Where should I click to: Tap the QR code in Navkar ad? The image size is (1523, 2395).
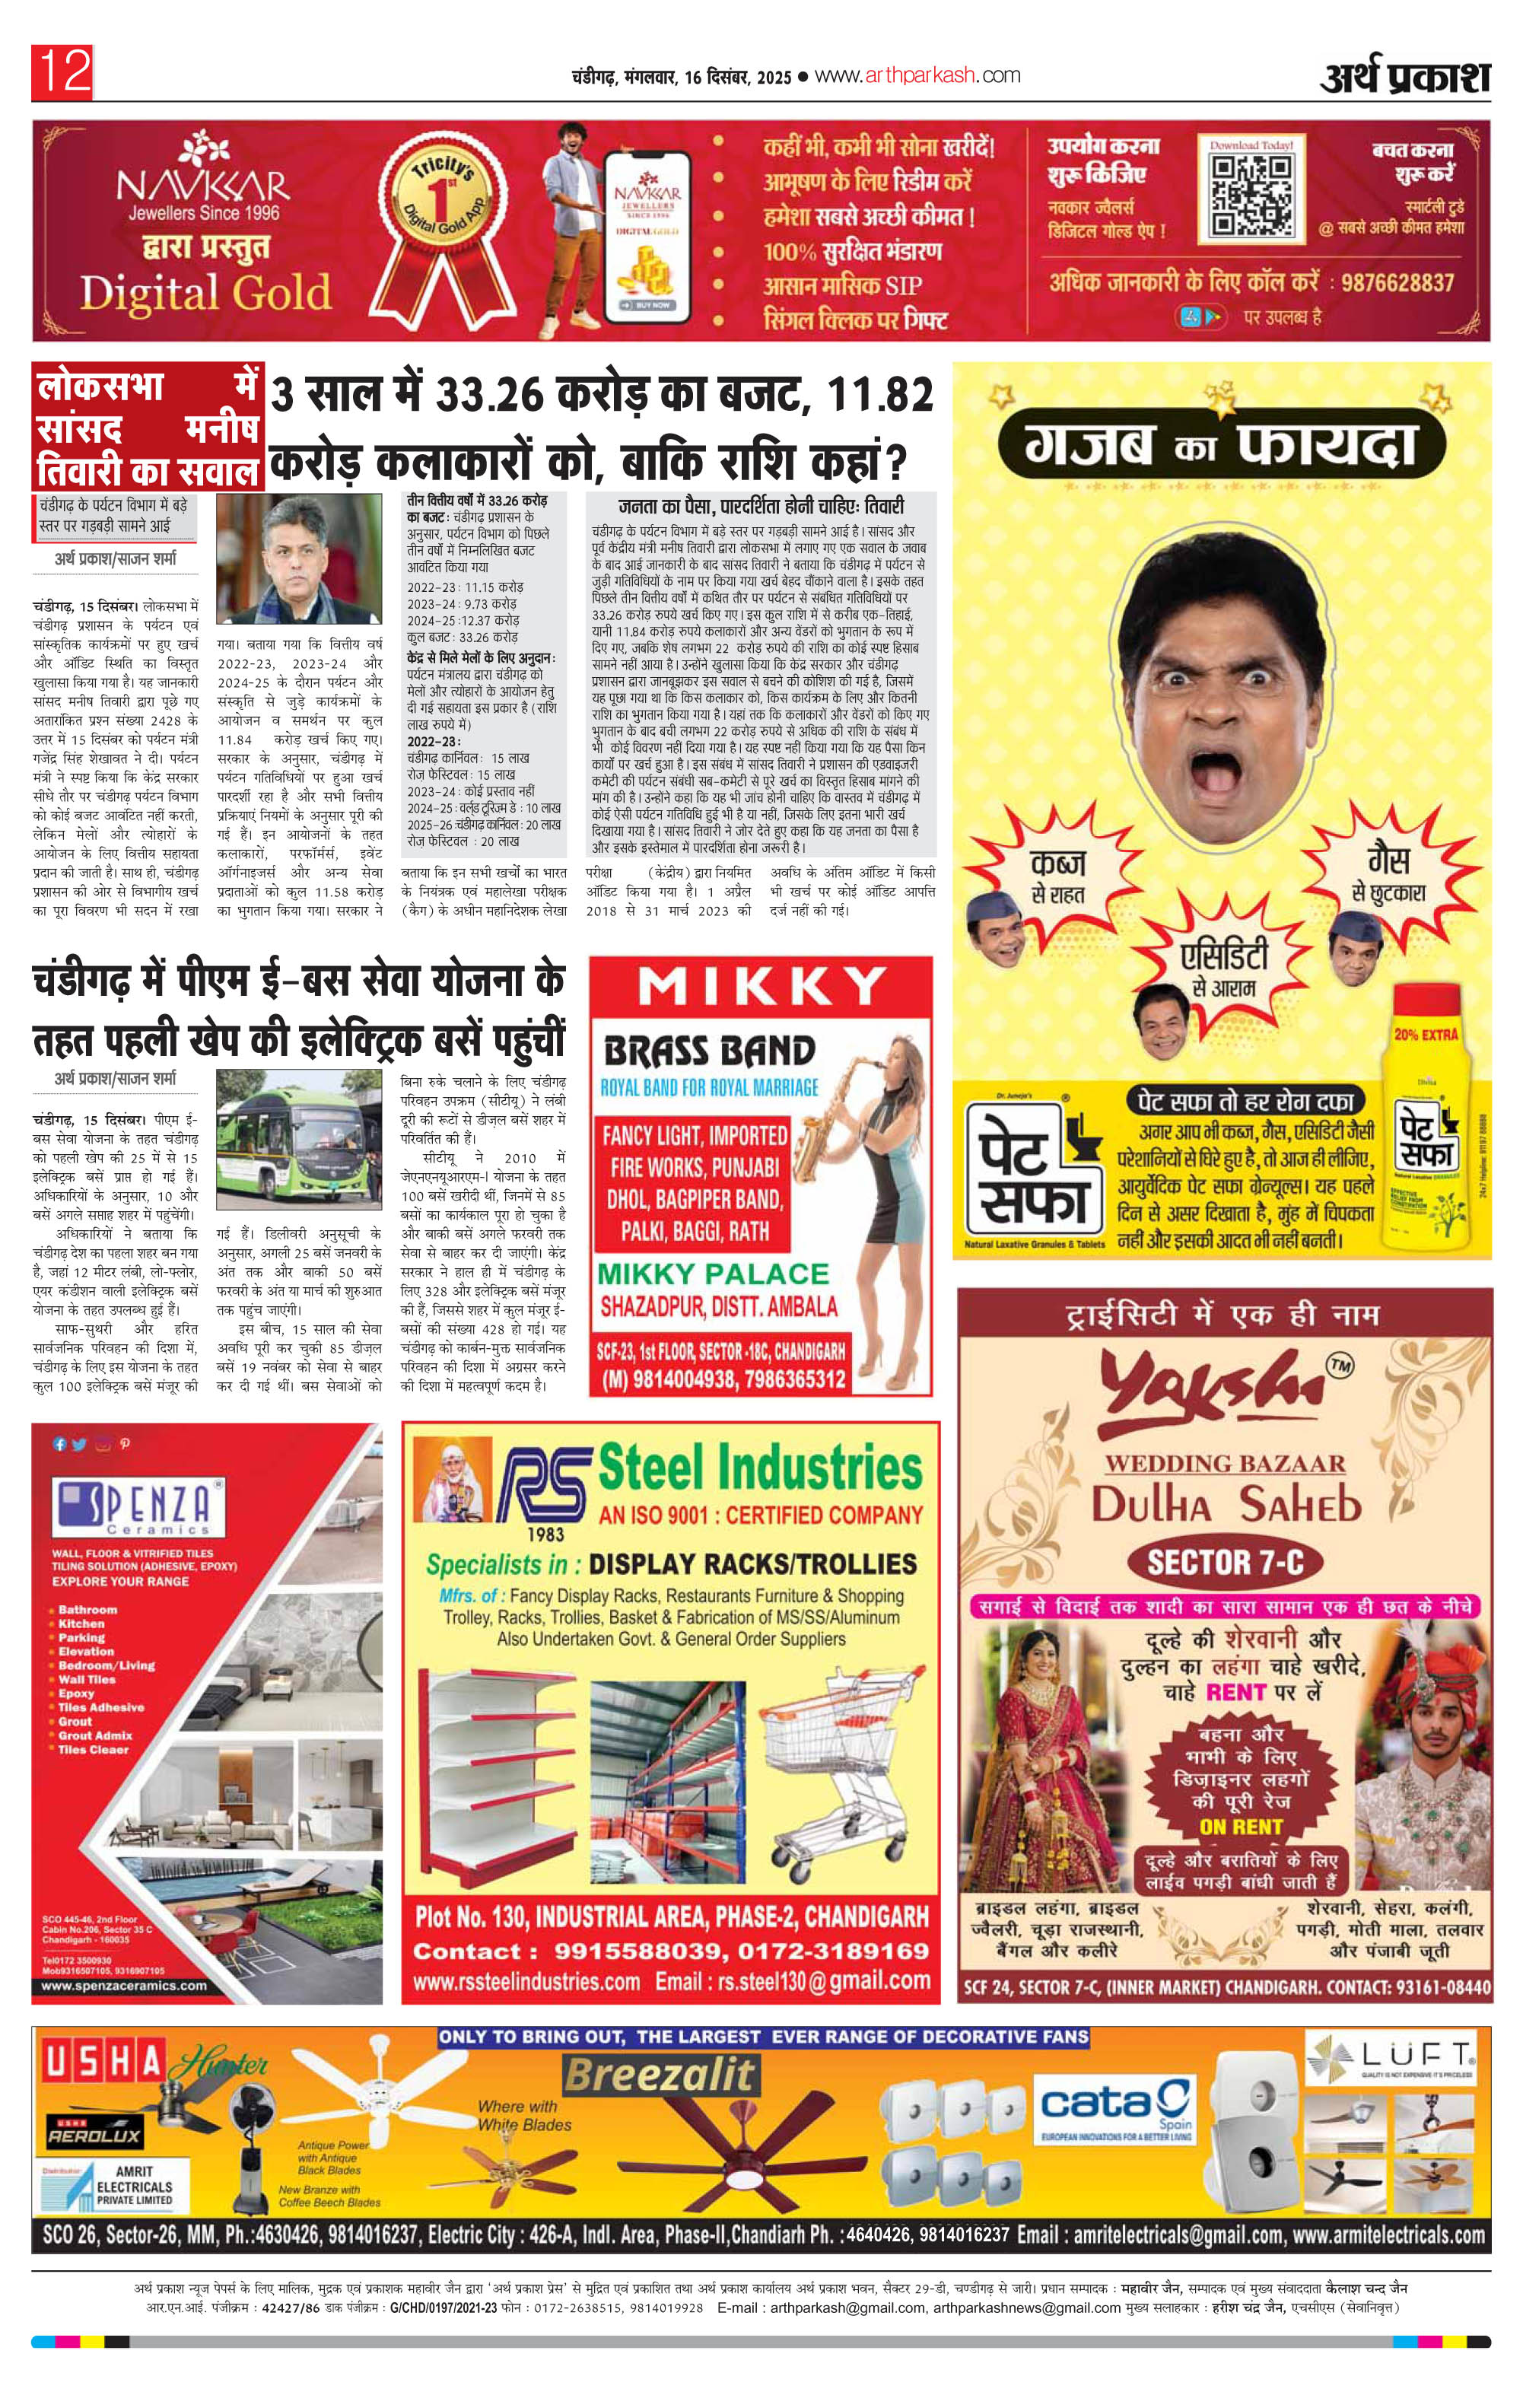click(x=1251, y=197)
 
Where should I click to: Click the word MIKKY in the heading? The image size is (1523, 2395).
click(x=761, y=988)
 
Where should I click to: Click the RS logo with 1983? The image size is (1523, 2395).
click(x=542, y=1487)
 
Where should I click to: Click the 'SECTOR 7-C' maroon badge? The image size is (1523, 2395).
click(x=1225, y=1563)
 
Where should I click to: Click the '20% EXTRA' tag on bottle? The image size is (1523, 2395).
click(x=1426, y=1035)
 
